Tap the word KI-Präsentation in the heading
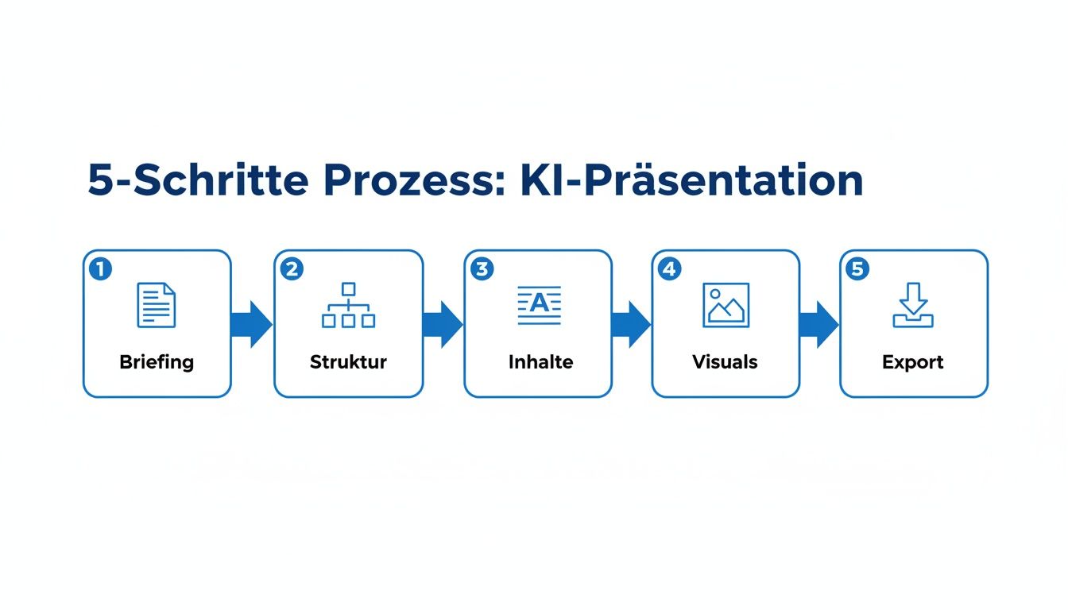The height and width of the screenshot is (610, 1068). pyautogui.click(x=691, y=181)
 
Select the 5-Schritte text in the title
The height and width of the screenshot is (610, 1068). pyautogui.click(x=198, y=181)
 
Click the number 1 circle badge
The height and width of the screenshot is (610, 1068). pyautogui.click(x=101, y=269)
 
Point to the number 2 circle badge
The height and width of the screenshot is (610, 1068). pyautogui.click(x=292, y=269)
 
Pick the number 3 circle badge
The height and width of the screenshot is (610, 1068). pyautogui.click(x=482, y=269)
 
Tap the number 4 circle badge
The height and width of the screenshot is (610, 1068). pyautogui.click(x=669, y=269)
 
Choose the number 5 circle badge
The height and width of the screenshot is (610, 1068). pyautogui.click(x=857, y=269)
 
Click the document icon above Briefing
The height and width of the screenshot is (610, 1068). pyautogui.click(x=157, y=306)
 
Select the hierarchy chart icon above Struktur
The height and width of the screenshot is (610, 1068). pyautogui.click(x=348, y=306)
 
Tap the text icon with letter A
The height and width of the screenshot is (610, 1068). pyautogui.click(x=539, y=306)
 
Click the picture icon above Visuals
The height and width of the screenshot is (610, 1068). pyautogui.click(x=726, y=306)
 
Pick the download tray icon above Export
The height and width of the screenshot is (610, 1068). pyautogui.click(x=913, y=306)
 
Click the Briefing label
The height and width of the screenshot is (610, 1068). pyautogui.click(x=157, y=362)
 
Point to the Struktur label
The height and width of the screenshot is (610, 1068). pyautogui.click(x=348, y=362)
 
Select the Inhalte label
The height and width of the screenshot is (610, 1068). pyautogui.click(x=540, y=362)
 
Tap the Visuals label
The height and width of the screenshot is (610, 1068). pyautogui.click(x=725, y=362)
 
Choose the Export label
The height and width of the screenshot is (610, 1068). pyautogui.click(x=913, y=362)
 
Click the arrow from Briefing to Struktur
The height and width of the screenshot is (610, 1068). pyautogui.click(x=252, y=324)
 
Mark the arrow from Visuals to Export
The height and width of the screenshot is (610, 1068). pyautogui.click(x=818, y=324)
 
